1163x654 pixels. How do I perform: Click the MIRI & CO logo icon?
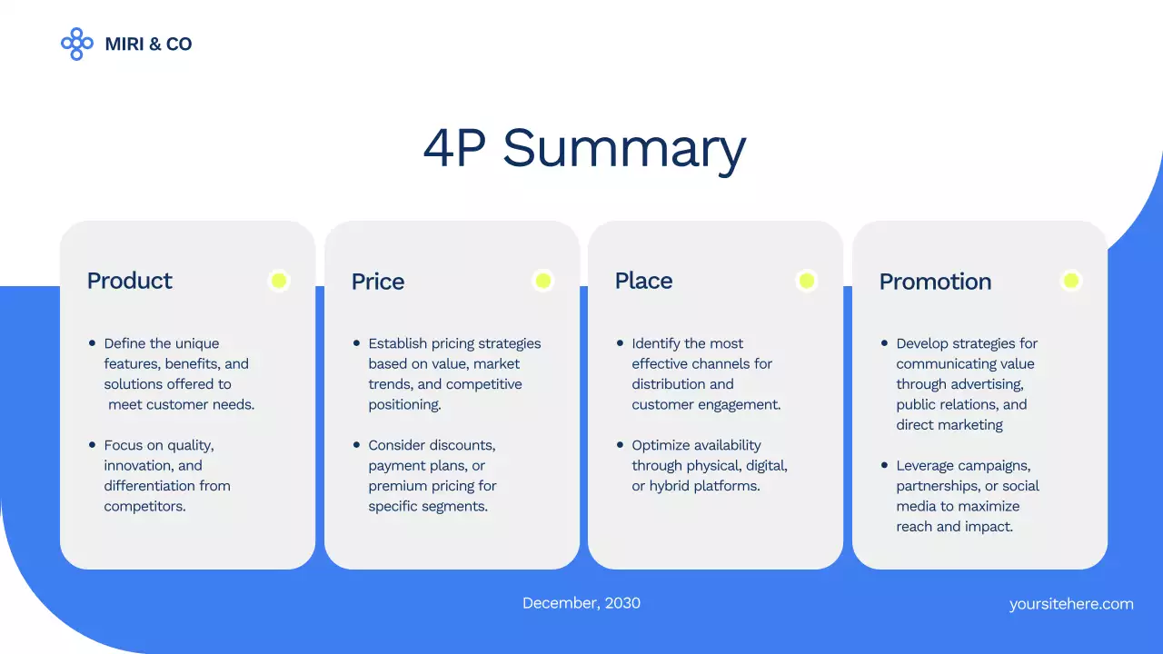point(76,44)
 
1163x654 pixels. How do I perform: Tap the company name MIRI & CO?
point(148,44)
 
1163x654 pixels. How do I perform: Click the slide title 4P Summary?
point(583,148)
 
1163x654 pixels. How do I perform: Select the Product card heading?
point(129,281)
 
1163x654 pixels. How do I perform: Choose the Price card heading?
point(377,282)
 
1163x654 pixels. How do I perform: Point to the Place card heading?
point(643,281)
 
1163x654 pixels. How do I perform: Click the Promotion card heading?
point(935,282)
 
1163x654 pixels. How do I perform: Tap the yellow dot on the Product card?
point(279,281)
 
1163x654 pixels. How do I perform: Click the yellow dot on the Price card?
point(542,281)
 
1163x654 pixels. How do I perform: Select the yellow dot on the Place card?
point(806,281)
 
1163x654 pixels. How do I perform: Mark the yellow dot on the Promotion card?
point(1070,281)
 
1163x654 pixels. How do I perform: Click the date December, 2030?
point(581,603)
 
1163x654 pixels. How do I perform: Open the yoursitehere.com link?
point(1071,604)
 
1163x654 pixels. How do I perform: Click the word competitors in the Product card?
point(144,506)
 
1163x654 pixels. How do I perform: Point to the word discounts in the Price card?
point(462,445)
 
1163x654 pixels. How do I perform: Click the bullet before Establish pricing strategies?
point(356,343)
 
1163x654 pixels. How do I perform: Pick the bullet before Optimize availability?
point(620,445)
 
